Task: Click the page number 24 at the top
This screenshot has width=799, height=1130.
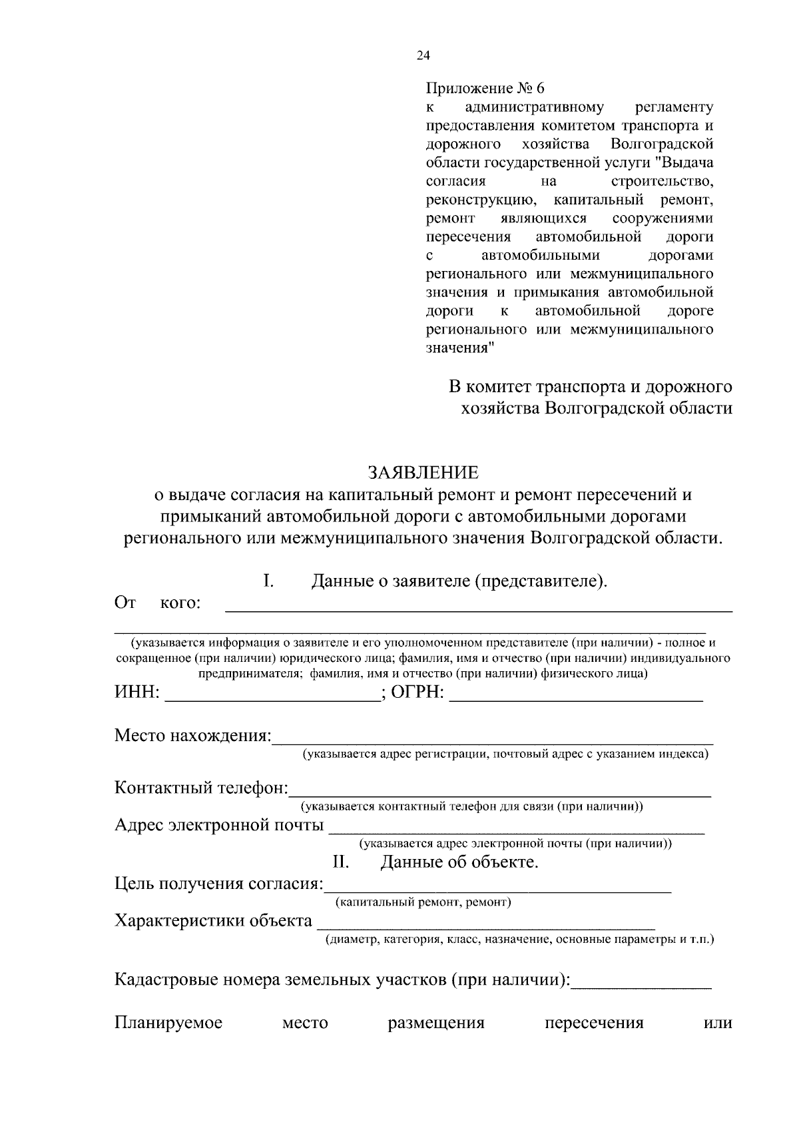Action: pos(423,56)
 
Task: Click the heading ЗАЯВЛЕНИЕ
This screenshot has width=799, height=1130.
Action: pos(423,472)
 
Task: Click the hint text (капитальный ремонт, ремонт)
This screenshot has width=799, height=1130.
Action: pos(423,903)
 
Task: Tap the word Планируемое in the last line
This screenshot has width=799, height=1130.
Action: pos(168,1023)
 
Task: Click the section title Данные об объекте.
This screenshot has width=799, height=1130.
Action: pos(459,862)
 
